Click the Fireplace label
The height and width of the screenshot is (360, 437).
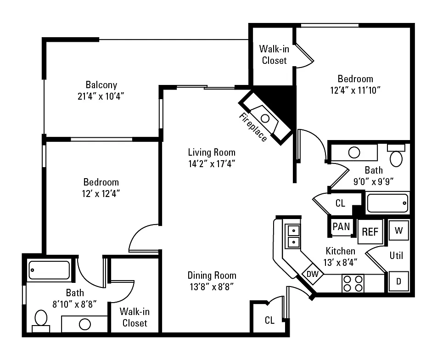click(x=253, y=127)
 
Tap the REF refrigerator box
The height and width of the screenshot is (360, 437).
click(x=370, y=231)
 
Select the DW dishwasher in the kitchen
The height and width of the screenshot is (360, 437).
click(x=313, y=274)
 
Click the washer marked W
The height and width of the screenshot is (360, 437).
click(x=398, y=231)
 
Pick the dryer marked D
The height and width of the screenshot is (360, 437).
click(x=398, y=281)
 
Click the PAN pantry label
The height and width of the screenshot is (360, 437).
click(x=341, y=227)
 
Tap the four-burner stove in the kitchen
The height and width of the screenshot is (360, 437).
click(x=353, y=283)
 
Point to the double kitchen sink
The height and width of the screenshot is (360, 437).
click(x=293, y=236)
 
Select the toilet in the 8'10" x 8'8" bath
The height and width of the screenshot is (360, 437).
click(x=41, y=321)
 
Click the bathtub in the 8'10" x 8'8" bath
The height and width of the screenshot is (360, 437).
click(x=49, y=270)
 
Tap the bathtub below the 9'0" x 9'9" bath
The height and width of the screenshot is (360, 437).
click(x=387, y=203)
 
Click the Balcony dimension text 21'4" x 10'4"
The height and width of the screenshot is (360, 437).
click(x=101, y=96)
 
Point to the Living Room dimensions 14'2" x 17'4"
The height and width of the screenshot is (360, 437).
click(x=212, y=163)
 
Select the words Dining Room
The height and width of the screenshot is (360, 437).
click(x=212, y=276)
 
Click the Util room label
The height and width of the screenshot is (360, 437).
click(x=396, y=255)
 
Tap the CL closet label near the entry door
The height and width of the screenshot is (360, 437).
click(x=269, y=321)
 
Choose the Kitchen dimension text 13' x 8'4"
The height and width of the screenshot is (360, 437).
click(x=340, y=262)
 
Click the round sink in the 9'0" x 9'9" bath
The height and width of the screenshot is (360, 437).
click(x=354, y=153)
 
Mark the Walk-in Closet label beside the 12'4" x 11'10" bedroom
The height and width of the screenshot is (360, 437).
click(x=274, y=55)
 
